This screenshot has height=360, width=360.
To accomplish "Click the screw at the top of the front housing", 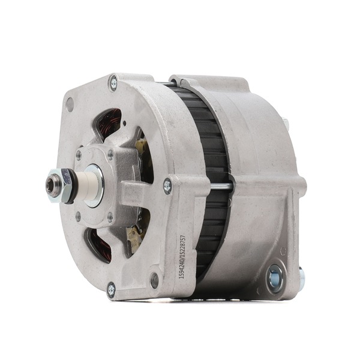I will (113, 83).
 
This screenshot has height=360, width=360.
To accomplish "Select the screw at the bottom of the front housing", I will (111, 290).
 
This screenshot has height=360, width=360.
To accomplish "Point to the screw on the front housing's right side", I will (167, 187).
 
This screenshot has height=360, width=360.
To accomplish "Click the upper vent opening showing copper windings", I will (108, 125).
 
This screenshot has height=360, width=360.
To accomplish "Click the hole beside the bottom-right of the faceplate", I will (155, 278).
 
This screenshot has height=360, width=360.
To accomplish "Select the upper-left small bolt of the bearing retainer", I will (79, 155).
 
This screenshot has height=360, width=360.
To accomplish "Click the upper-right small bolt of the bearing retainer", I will (110, 154).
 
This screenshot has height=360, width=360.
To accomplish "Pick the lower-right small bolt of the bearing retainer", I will (109, 216).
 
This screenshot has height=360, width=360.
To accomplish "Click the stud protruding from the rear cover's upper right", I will (286, 125).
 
